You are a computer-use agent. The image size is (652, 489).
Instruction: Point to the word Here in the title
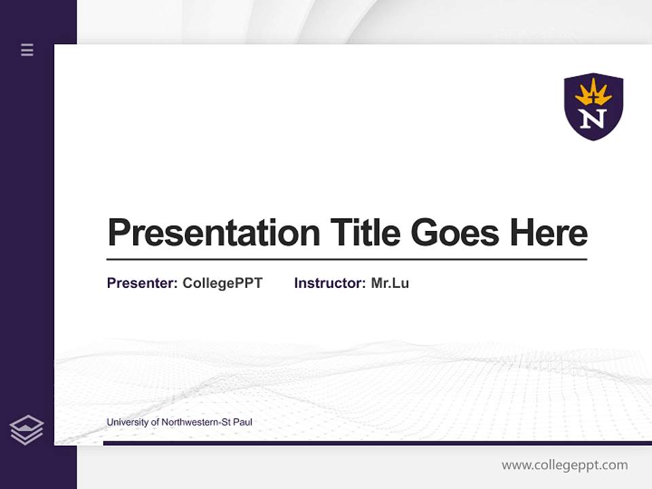pos(548,233)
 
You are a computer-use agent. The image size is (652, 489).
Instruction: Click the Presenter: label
pos(142,283)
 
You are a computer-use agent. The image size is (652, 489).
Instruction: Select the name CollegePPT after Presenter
pos(222,283)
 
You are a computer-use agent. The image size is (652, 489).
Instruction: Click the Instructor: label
pos(329,283)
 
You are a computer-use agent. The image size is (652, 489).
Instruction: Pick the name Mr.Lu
pos(390,283)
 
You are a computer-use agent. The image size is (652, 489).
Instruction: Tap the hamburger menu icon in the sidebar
pos(27,50)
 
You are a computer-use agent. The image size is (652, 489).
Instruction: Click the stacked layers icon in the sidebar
pos(26,430)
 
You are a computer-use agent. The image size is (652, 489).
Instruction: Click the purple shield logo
pos(594,106)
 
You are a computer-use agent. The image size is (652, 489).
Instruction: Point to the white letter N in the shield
pos(594,119)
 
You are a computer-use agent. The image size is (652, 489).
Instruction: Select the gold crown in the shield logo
pos(594,92)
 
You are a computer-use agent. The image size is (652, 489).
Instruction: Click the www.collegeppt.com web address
pos(564,465)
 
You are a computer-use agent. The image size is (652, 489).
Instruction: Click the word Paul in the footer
pos(243,422)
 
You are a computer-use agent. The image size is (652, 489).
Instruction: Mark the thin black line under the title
pos(346,259)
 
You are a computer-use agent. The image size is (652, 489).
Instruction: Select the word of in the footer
pos(156,422)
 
